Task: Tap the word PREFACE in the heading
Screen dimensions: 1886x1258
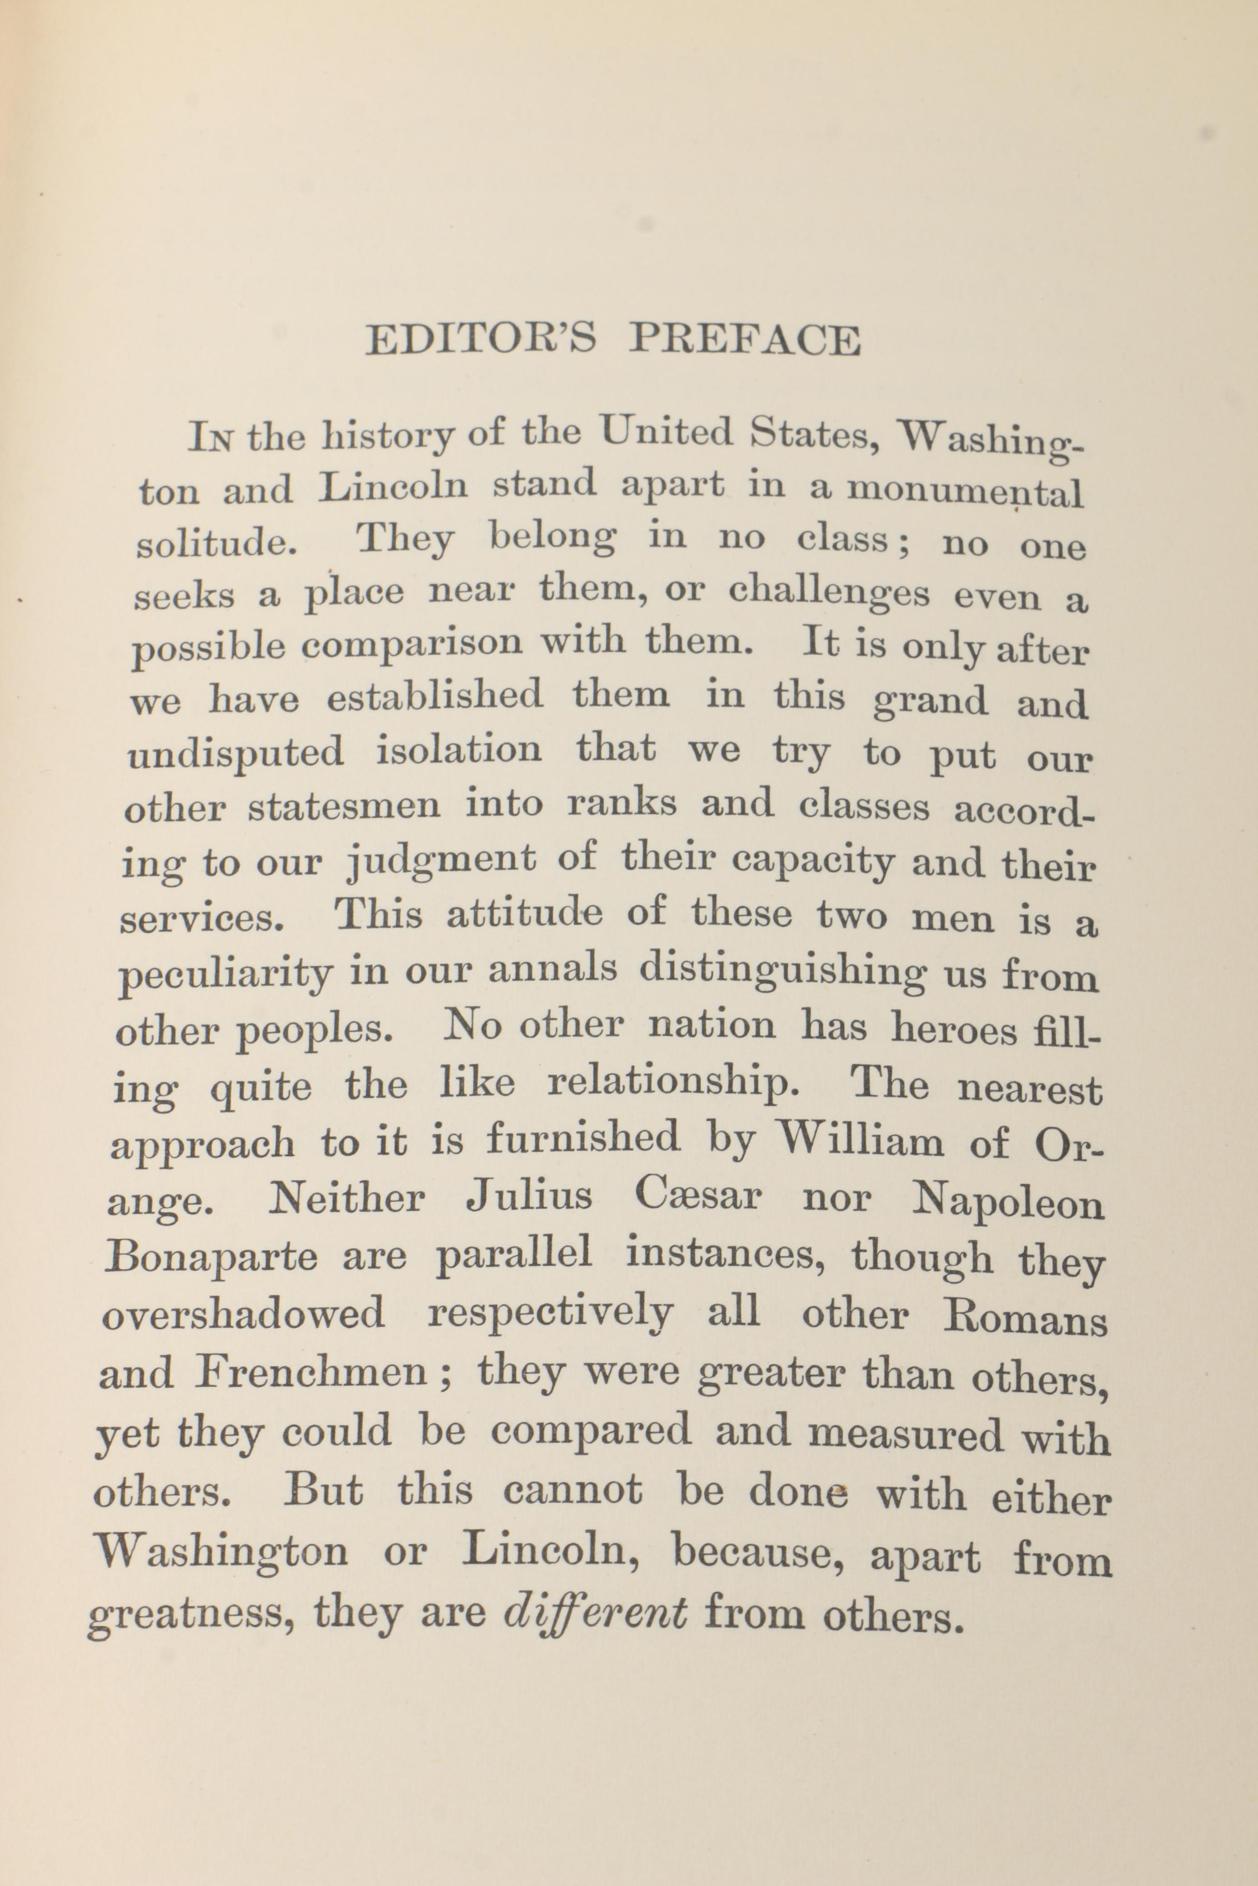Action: point(744,340)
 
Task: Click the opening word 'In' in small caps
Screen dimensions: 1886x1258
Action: point(212,438)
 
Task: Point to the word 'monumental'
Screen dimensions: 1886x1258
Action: point(965,489)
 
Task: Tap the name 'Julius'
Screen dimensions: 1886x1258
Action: point(530,1196)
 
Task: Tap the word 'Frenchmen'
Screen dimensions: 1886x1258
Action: point(310,1374)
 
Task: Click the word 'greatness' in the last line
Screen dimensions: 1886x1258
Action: point(186,1612)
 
